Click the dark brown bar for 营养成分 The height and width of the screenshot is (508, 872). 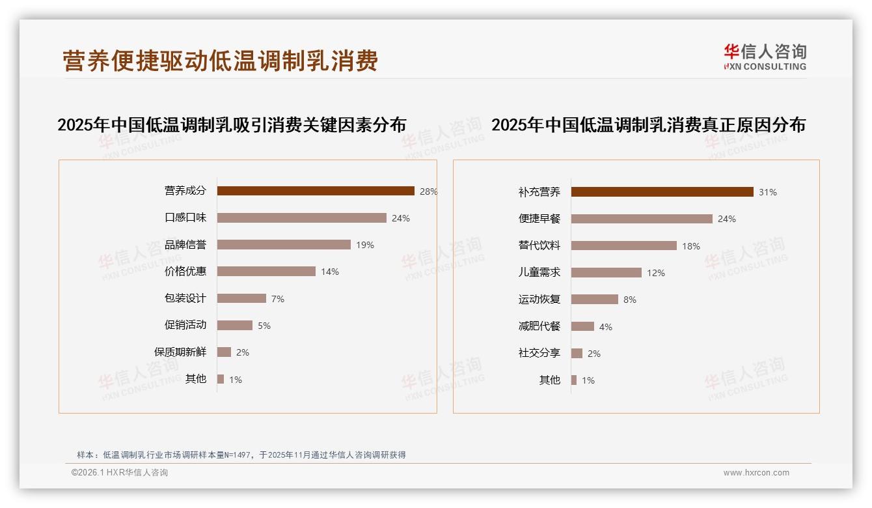tap(316, 191)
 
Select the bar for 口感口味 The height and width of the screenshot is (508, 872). tap(301, 218)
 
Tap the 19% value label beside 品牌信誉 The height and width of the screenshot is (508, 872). tap(365, 245)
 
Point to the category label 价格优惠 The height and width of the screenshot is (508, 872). tap(185, 271)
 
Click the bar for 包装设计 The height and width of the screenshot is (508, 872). tap(241, 298)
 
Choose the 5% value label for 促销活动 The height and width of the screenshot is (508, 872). tap(264, 326)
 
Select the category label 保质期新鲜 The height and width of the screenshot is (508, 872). tap(180, 352)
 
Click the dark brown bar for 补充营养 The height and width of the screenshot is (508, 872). tap(662, 191)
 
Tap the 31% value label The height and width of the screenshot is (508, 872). tap(768, 192)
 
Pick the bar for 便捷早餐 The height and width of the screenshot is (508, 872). tap(642, 219)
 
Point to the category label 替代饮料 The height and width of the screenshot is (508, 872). tap(539, 246)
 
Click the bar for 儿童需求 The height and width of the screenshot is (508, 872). tap(606, 272)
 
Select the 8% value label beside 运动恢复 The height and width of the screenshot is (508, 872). tap(630, 300)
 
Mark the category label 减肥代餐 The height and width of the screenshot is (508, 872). tap(539, 326)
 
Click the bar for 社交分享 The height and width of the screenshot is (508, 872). tap(577, 353)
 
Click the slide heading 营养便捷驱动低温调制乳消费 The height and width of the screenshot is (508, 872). tap(221, 61)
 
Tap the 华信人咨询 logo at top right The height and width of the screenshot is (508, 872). tap(765, 57)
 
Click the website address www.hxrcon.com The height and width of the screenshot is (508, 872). tap(756, 473)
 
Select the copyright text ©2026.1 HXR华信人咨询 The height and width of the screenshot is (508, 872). tap(120, 473)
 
